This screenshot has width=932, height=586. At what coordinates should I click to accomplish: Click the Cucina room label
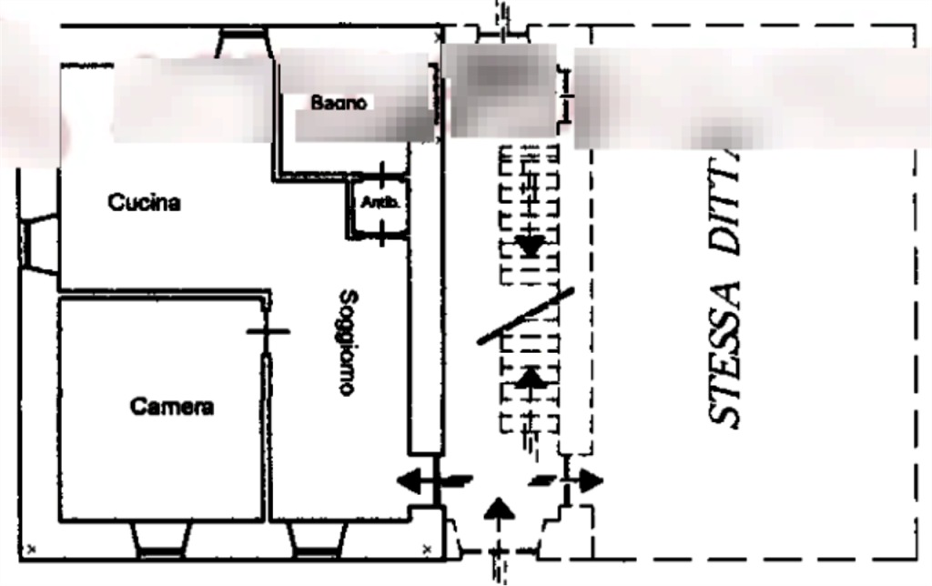coord(144,202)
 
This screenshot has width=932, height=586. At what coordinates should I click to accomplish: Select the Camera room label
coord(171,407)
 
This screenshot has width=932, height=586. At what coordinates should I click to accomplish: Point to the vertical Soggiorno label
coord(346,341)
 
